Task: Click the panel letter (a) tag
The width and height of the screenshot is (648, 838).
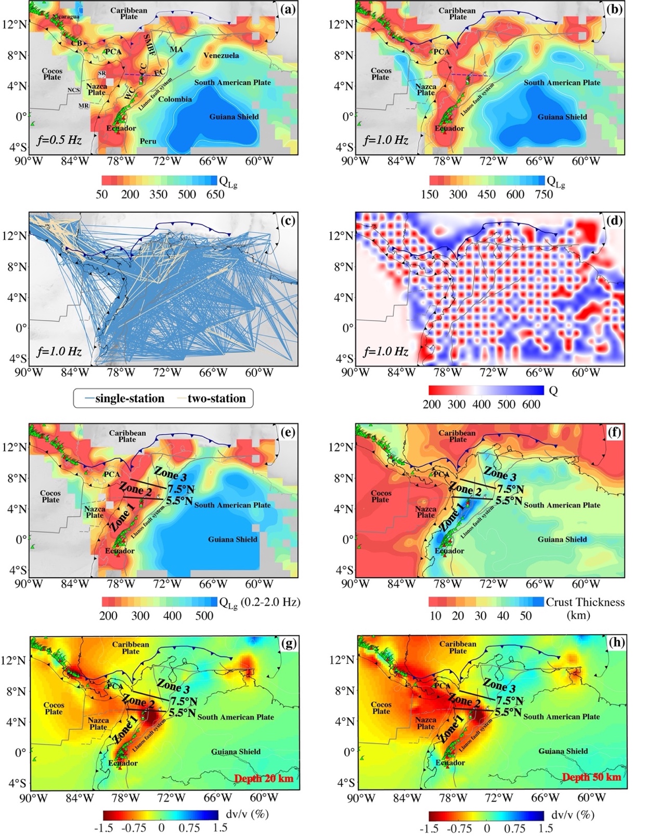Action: pos(287,9)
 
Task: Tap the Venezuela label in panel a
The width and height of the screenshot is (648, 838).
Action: pos(221,56)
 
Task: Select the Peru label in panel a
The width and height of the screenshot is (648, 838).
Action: pos(148,141)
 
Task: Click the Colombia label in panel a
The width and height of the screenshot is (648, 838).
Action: pos(175,99)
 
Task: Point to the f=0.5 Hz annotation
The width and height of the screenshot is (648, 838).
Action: pos(59,140)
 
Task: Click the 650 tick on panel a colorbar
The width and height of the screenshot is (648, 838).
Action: pos(215,194)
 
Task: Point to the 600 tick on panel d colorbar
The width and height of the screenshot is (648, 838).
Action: pos(531,404)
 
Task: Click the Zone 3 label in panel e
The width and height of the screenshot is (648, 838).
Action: pos(170,474)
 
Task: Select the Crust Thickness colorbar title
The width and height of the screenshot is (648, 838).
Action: pos(585,603)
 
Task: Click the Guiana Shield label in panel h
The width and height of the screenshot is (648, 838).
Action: pos(563,751)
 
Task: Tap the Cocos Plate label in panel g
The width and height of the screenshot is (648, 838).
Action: pos(54,709)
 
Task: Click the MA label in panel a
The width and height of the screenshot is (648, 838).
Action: pos(176,49)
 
